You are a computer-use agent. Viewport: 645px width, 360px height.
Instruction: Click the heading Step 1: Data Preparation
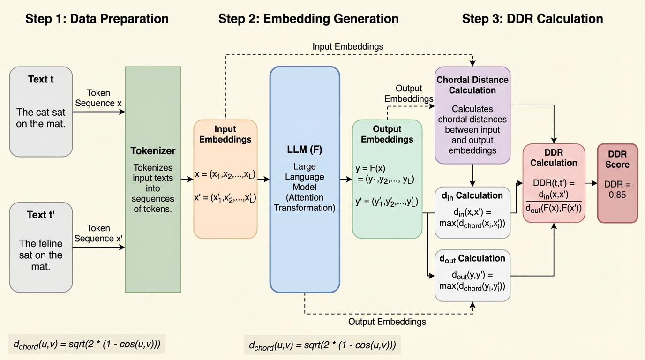[97, 19]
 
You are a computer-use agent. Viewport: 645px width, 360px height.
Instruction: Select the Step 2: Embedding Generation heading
[308, 19]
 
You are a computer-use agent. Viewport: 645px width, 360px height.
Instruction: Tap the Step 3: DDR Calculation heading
[532, 19]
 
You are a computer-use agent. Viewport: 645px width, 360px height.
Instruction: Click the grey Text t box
[41, 112]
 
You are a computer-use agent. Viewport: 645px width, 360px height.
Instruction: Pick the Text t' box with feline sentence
[41, 247]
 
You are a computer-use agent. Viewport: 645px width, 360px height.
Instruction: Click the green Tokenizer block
[153, 180]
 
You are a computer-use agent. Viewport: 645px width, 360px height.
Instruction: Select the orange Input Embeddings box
[225, 179]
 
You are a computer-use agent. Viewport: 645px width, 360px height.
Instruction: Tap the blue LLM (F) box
[305, 180]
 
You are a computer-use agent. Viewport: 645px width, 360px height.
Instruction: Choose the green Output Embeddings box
[387, 179]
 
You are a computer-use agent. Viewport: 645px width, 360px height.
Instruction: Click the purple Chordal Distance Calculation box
[472, 115]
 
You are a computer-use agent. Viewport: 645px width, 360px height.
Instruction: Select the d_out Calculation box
[472, 276]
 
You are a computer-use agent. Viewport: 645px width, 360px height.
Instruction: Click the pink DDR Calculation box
[554, 182]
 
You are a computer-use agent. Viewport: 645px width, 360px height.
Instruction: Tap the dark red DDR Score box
[617, 183]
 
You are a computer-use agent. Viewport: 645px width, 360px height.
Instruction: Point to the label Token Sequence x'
[98, 233]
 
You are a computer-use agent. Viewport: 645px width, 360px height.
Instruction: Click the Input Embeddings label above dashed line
[348, 46]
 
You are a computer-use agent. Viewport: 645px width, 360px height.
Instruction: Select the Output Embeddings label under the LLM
[387, 322]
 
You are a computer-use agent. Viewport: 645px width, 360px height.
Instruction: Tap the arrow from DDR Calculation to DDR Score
[591, 183]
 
